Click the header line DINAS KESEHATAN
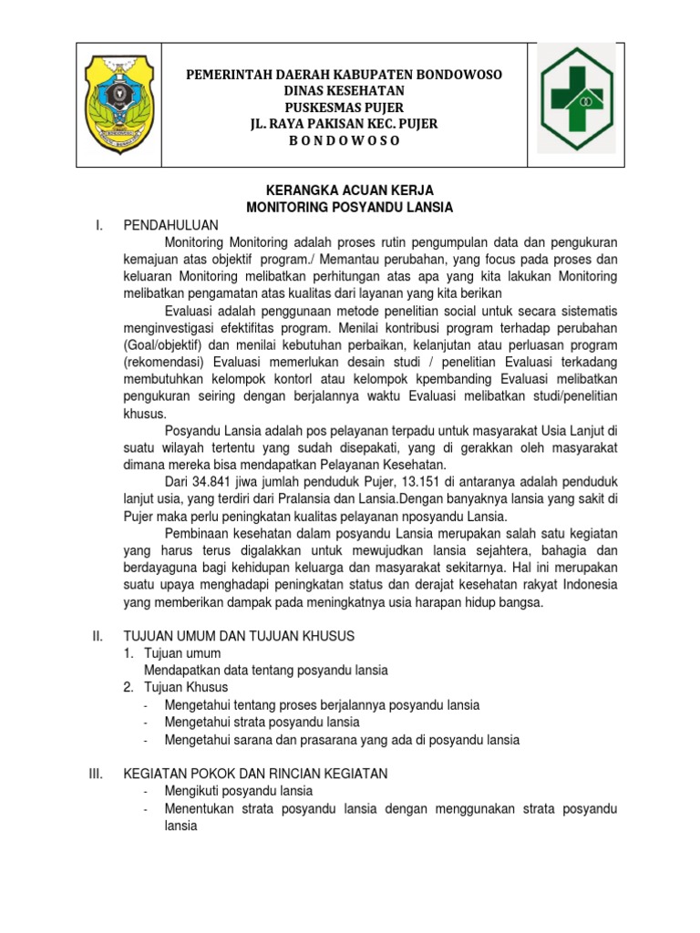(345, 90)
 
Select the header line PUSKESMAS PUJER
(345, 107)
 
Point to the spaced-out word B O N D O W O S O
(345, 140)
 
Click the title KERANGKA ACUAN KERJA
(349, 190)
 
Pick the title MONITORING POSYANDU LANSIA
(349, 208)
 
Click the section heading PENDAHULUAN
(171, 225)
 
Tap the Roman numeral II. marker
(99, 635)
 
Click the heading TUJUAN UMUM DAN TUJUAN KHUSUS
(239, 635)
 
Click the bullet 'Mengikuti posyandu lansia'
(239, 791)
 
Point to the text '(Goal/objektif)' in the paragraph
(164, 345)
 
